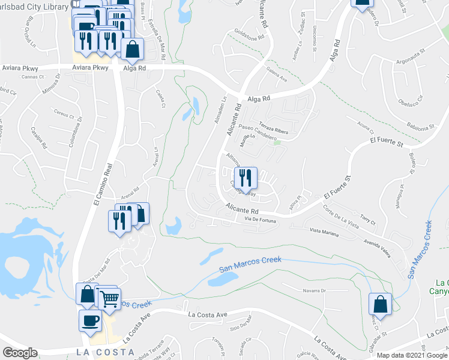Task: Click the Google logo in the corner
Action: point(20,353)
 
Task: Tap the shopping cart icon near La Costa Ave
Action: point(109,298)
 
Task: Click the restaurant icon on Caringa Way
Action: point(246,177)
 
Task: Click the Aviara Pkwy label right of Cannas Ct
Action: point(90,68)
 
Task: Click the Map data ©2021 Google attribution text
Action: point(412,355)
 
